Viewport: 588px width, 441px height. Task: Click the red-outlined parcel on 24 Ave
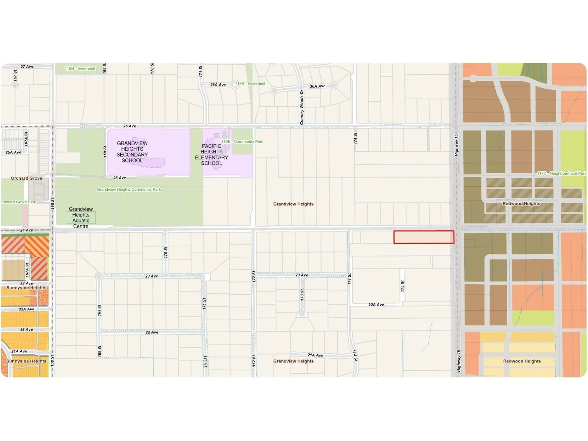tap(424, 237)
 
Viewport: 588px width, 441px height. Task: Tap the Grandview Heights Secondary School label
tap(132, 152)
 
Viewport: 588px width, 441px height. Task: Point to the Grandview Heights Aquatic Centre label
tap(81, 217)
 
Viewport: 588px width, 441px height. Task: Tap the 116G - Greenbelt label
tap(80, 69)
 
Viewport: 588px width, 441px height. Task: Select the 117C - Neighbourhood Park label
tap(561, 173)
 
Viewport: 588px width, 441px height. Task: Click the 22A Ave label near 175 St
tap(376, 305)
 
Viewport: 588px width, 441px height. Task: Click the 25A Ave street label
tap(13, 152)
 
